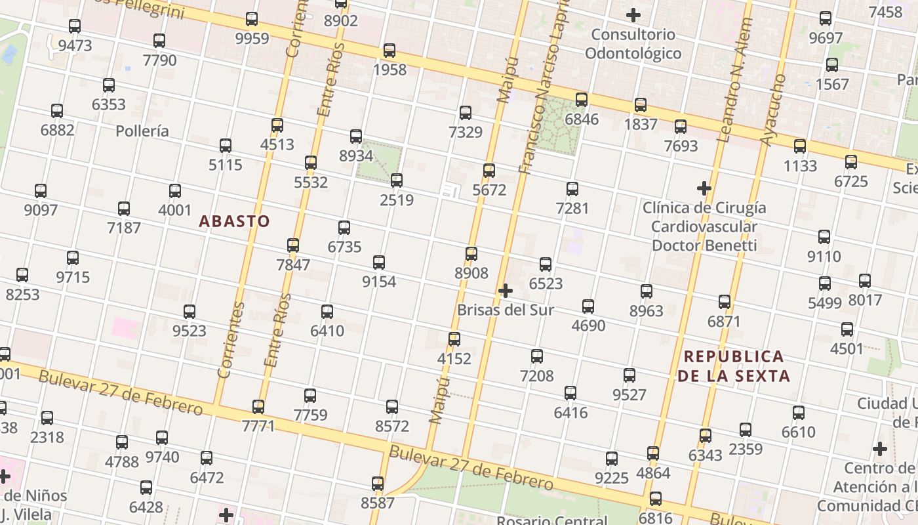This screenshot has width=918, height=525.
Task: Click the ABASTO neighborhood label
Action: coord(234,221)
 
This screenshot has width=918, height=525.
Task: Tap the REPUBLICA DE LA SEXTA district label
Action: coord(733,366)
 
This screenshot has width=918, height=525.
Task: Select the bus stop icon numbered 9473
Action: coord(75,26)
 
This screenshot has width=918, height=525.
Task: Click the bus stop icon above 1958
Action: coord(389,51)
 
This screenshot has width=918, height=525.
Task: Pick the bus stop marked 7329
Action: coord(466,113)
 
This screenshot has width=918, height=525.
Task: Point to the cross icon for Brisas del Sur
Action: coord(506,290)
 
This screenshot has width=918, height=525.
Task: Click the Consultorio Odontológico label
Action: coord(633,44)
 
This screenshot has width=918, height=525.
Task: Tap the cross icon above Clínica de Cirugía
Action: coord(704,188)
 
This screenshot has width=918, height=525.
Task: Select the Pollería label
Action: coord(142,131)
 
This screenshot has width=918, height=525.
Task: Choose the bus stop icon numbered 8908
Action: coord(471,254)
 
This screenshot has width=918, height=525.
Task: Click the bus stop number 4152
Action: coord(454,358)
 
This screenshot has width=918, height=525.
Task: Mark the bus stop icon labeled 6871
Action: coord(725,302)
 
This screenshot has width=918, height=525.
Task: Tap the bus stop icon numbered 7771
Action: coord(258,407)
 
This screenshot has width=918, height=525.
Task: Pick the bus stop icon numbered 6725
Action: coord(851,161)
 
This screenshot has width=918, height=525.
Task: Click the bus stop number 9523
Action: coord(189,331)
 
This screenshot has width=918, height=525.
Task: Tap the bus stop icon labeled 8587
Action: coord(378,484)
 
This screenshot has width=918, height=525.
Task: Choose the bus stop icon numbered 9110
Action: coord(824,237)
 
